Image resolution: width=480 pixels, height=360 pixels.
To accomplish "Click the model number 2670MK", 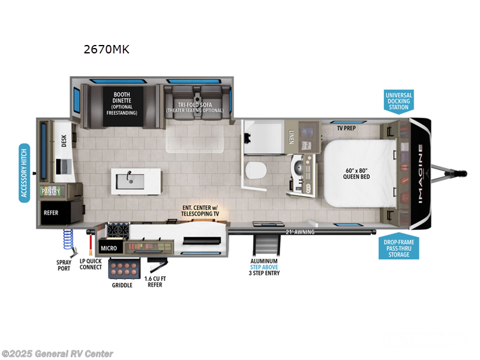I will coord(106,49).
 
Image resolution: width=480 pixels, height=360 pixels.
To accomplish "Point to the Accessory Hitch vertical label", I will coord(25,173).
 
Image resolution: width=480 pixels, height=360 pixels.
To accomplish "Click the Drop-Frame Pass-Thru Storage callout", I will coord(398,246).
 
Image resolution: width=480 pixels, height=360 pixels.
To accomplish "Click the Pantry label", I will coord(50,191).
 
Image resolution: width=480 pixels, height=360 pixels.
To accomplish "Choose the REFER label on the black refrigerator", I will coord(50,212).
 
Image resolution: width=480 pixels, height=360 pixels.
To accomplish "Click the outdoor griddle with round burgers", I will coord(124,268).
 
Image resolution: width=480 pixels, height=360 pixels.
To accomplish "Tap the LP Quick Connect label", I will coord(90,265).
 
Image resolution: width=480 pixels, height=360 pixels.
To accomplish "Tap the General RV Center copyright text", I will coord(58,353).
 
